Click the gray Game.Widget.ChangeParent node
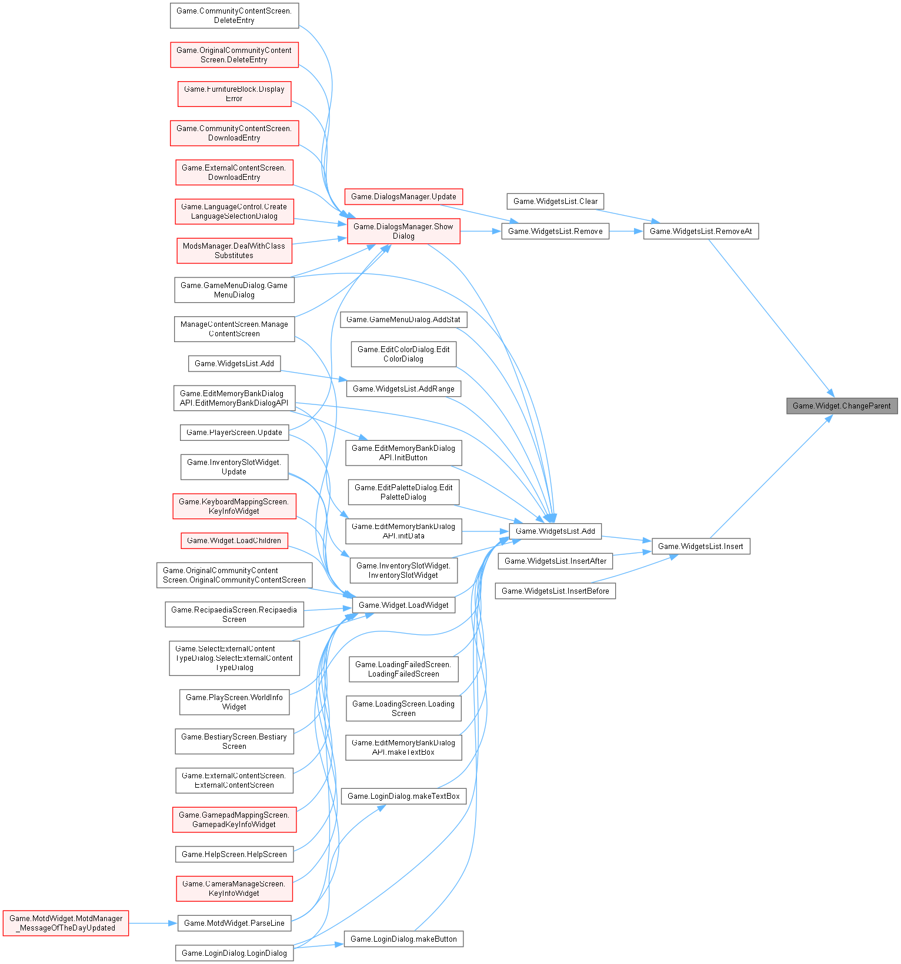tap(842, 406)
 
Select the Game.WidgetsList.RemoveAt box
tap(700, 231)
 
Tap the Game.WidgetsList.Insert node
tap(700, 546)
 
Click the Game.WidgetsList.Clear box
tap(555, 201)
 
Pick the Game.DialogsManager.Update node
tap(403, 196)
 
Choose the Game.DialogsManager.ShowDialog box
tap(403, 231)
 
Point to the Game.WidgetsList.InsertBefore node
tap(555, 591)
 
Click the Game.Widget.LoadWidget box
tap(403, 605)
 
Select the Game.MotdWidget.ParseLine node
tap(234, 923)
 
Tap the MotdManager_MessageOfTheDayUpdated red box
tap(66, 923)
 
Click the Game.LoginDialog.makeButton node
tap(403, 939)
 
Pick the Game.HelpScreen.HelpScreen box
tap(234, 854)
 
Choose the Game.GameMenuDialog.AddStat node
tap(403, 319)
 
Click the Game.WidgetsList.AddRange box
tap(403, 389)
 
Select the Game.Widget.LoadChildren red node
tap(234, 540)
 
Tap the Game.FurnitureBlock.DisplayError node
tap(234, 94)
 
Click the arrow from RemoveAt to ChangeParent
tap(770, 317)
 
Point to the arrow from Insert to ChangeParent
tap(770, 477)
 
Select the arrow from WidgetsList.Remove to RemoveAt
tap(626, 231)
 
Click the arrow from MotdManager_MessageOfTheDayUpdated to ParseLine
tap(153, 923)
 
